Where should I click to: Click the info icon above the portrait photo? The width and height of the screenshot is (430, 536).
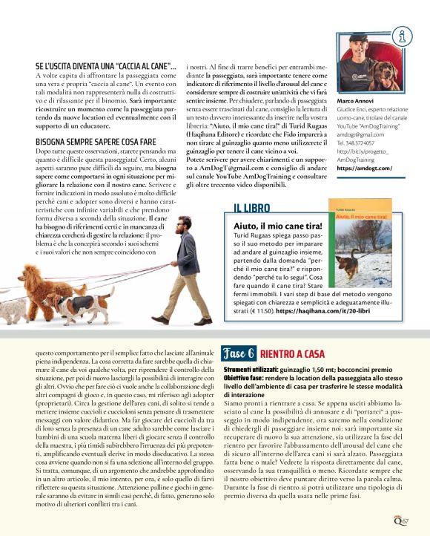(403, 34)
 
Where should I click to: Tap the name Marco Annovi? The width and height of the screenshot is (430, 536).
(357, 100)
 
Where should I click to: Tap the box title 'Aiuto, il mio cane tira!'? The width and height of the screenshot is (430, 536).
(278, 226)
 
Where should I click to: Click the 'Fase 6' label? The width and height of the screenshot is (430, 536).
(239, 354)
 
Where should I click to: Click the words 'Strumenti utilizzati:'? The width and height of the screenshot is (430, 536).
(250, 369)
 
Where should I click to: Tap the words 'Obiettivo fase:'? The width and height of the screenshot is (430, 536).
(244, 378)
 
